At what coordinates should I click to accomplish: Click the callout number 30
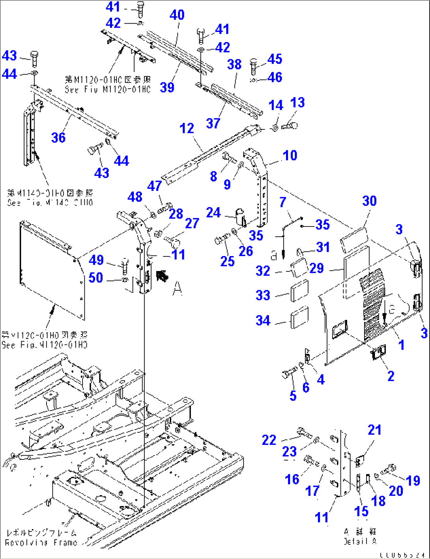click(x=369, y=201)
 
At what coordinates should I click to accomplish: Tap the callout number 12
click(x=187, y=129)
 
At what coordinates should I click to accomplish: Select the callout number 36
click(x=58, y=138)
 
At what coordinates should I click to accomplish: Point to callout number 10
click(x=290, y=155)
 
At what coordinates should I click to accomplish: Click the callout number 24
click(x=213, y=213)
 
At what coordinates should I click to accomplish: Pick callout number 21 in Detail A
click(x=374, y=430)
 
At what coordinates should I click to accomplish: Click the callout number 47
click(x=155, y=186)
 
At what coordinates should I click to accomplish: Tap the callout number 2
click(x=391, y=376)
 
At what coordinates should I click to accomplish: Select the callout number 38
click(x=234, y=64)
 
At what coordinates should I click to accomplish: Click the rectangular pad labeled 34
click(x=299, y=320)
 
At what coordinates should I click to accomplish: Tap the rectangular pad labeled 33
click(x=299, y=291)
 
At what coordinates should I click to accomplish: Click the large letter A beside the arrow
click(x=178, y=289)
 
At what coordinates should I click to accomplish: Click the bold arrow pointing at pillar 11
click(x=161, y=275)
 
